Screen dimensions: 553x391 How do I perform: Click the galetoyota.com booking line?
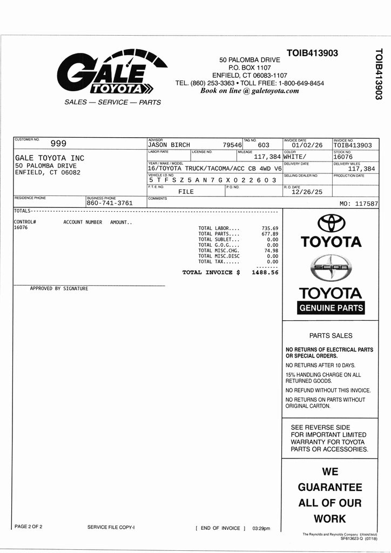click(250, 91)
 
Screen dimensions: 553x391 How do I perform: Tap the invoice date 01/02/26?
click(307, 145)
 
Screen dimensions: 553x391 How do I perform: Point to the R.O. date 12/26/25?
click(306, 192)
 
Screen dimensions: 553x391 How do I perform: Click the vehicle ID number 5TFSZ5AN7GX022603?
click(213, 180)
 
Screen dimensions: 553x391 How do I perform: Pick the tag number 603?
click(264, 145)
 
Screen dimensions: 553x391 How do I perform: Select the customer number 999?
click(58, 144)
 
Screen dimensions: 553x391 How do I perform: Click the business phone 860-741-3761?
click(110, 203)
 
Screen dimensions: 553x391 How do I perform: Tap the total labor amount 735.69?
click(269, 228)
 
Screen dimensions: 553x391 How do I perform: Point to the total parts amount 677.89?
click(269, 234)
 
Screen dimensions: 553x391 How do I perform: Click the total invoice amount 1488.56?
click(265, 273)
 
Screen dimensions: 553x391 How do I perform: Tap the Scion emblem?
click(331, 268)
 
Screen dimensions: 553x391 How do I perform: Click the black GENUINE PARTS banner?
click(331, 308)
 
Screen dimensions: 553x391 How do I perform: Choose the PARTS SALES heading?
click(331, 335)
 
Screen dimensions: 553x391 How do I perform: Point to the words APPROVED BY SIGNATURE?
click(59, 288)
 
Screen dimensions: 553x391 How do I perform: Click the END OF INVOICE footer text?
click(220, 528)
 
